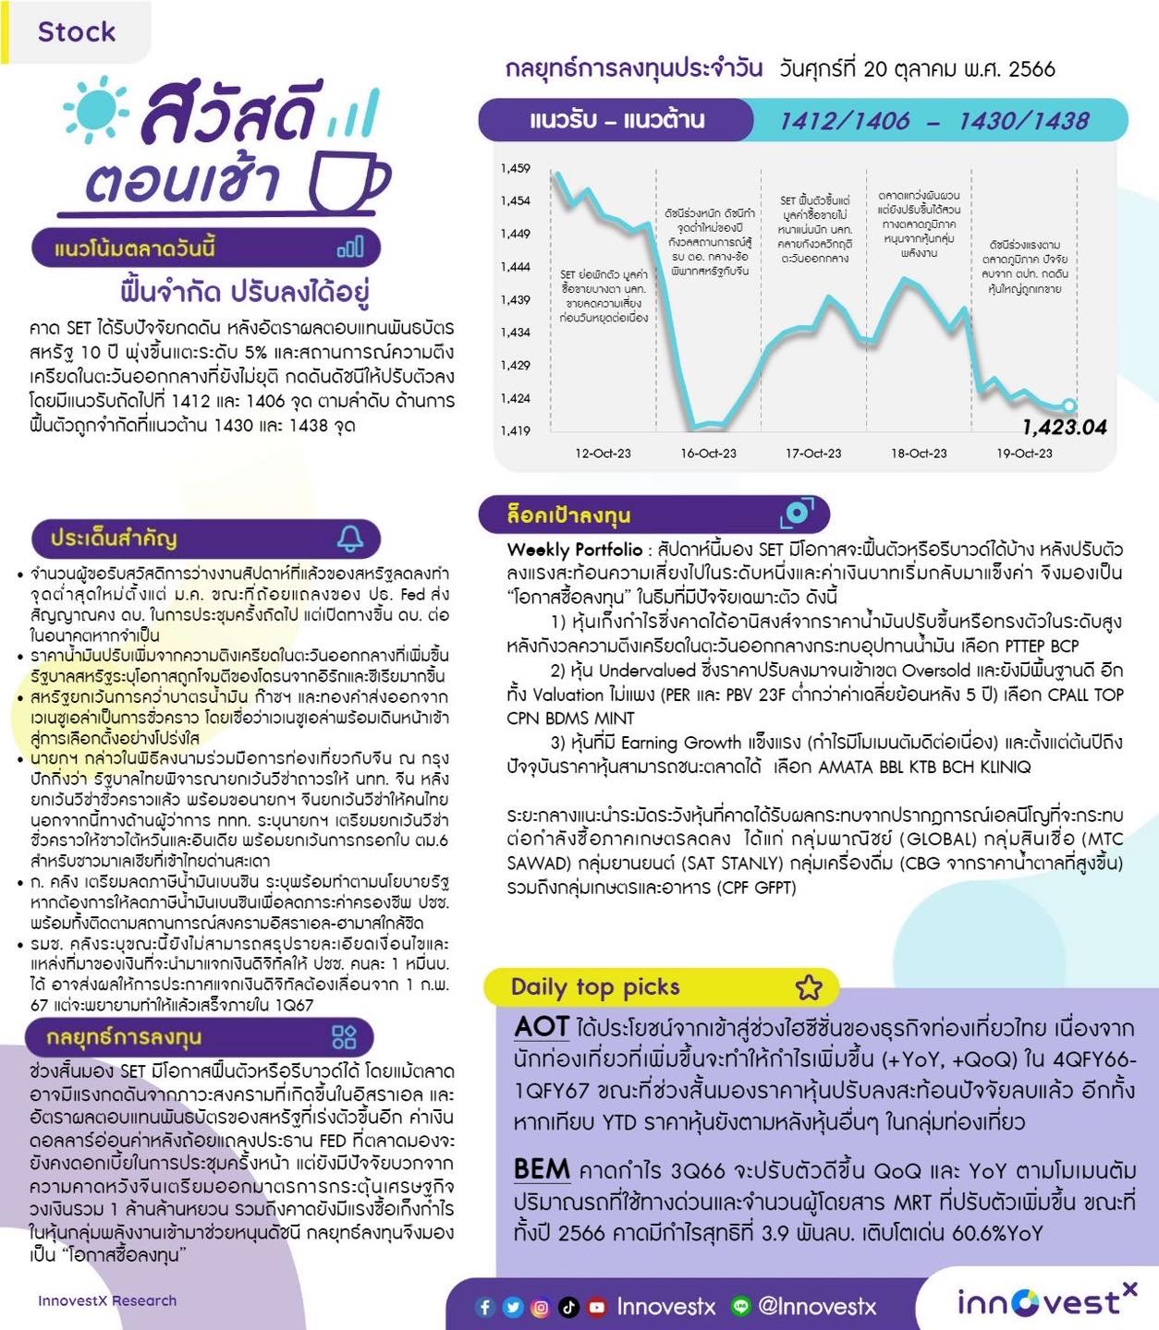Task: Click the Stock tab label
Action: tap(77, 31)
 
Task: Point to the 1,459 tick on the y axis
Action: tap(515, 168)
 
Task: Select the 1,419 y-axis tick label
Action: tap(515, 430)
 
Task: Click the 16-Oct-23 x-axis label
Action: tap(708, 453)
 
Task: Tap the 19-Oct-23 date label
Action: tap(1024, 453)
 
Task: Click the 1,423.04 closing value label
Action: tap(1064, 427)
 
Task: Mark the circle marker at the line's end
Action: tap(1069, 405)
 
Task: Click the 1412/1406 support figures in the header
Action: tap(844, 121)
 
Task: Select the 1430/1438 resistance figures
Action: tap(1023, 121)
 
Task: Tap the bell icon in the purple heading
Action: tap(350, 538)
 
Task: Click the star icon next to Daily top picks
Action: tap(809, 987)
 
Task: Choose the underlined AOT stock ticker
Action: tap(542, 1026)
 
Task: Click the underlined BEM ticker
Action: tap(542, 1169)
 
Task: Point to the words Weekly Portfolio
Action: tap(574, 550)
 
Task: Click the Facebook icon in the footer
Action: tap(485, 1307)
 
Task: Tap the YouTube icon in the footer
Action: tap(597, 1307)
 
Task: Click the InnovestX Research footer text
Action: tap(107, 1300)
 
